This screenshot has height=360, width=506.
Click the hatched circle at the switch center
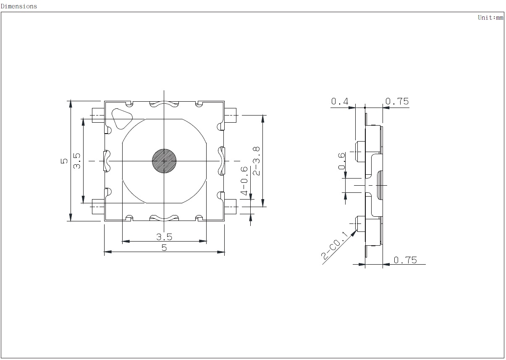point(164,161)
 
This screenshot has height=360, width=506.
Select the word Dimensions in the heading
point(18,6)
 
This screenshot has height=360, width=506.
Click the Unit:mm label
point(490,18)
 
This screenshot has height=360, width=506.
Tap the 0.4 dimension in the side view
point(340,101)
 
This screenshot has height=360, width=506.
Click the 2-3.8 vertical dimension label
point(256,161)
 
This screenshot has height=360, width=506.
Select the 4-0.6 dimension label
point(244,181)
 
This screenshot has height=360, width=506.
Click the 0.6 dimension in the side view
point(342,161)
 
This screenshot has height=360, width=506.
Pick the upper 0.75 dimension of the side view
point(397,101)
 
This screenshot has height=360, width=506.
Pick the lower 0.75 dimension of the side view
point(406,260)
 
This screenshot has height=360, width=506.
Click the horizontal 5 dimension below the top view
point(164,248)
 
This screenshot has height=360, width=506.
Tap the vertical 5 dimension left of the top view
point(64,161)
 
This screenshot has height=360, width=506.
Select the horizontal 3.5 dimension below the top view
point(164,237)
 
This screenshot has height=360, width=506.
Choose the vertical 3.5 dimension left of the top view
point(77,161)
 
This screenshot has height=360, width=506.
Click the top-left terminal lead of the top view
point(98,115)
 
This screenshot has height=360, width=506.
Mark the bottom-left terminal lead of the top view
point(98,206)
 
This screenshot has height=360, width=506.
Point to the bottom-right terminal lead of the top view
point(231,207)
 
